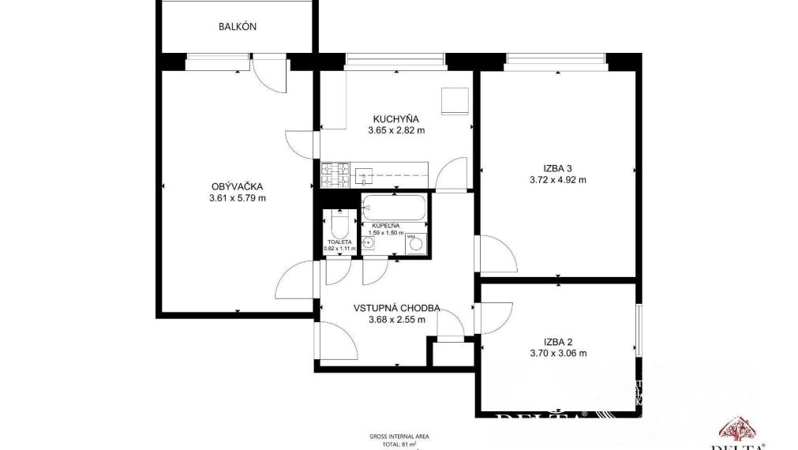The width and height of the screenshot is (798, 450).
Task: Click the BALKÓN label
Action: [x=238, y=27]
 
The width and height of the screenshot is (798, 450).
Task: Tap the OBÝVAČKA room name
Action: [x=236, y=186]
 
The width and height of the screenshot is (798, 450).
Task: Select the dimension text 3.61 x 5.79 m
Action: [x=236, y=198]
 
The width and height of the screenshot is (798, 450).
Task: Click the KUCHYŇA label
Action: [x=396, y=119]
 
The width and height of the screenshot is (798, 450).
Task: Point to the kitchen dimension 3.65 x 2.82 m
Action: [x=396, y=131]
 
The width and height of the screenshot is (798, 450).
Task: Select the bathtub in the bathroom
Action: [x=395, y=208]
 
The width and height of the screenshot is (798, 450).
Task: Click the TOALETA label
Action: [x=339, y=242]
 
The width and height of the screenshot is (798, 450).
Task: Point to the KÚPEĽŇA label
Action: [x=387, y=226]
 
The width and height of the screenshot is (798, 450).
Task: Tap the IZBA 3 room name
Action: [x=557, y=167]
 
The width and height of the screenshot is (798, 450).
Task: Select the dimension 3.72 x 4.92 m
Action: [x=557, y=180]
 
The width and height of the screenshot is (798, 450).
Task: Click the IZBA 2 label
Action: [x=557, y=342]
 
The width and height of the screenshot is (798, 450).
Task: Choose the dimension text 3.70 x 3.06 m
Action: [x=557, y=354]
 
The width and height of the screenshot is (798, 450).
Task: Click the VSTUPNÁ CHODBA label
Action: [x=397, y=309]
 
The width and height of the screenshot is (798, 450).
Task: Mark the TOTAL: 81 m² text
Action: [x=399, y=444]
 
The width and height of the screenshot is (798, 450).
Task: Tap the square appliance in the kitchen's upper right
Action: [x=454, y=101]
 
